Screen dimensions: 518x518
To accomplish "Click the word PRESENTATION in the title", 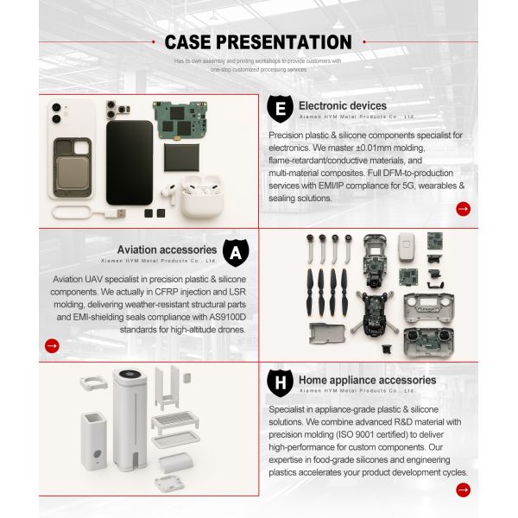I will [289, 42].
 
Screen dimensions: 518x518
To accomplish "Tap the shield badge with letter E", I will [279, 109].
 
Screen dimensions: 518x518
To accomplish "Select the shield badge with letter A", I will [235, 253].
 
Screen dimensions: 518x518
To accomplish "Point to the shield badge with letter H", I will [279, 382].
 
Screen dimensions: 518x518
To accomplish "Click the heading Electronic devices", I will [343, 105].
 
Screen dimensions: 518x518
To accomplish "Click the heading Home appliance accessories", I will [367, 379].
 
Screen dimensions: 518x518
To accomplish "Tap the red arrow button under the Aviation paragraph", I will [52, 345].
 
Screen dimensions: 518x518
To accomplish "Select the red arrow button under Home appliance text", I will [463, 490].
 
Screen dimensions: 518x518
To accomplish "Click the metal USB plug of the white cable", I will [120, 212].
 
